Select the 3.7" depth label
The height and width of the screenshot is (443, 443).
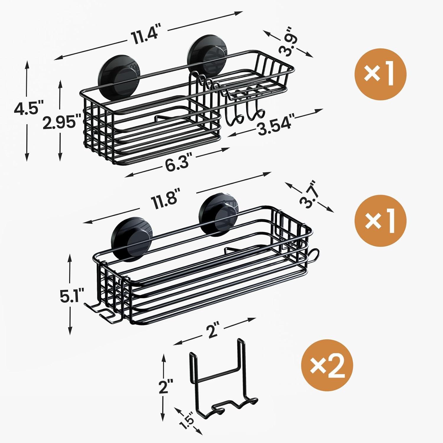point(309,195)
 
